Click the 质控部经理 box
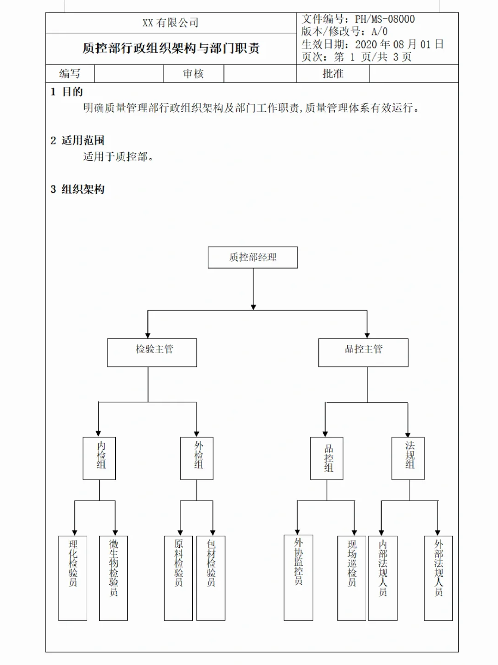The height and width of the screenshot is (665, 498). tap(253, 258)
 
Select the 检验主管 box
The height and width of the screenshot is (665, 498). tap(152, 353)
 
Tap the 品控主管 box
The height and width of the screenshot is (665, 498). tap(363, 353)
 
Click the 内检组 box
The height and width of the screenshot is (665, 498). tap(99, 458)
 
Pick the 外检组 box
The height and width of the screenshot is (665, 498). tap(197, 458)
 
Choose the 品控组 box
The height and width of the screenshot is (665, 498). tap(327, 458)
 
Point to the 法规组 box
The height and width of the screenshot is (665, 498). tap(408, 458)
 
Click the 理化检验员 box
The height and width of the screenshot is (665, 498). tap(73, 578)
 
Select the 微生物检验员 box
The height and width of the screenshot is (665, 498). tap(113, 578)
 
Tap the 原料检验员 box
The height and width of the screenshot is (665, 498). tap(178, 578)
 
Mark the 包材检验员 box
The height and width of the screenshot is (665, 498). tap(211, 578)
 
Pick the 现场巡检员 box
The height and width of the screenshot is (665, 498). tap(352, 578)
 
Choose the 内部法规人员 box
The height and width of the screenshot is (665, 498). tap(383, 578)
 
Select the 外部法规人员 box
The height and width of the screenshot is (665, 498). tap(439, 578)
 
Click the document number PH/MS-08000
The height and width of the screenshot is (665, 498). tap(385, 19)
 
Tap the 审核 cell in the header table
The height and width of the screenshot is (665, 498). tap(193, 74)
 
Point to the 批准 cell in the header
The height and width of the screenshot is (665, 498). tap(333, 74)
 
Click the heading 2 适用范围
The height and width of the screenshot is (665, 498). tap(77, 140)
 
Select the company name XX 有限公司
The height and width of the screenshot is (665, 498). tap(171, 23)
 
